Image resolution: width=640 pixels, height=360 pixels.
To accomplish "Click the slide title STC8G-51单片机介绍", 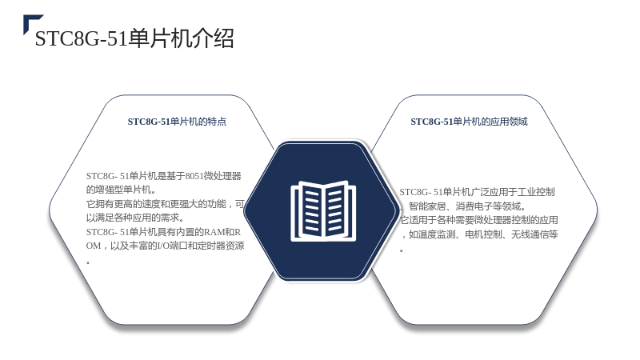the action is click(134, 38).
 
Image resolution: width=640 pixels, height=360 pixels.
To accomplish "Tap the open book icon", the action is click(323, 211).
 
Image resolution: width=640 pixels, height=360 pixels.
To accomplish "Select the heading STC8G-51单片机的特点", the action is click(177, 122).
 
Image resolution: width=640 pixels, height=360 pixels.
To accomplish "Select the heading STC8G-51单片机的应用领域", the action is click(469, 122).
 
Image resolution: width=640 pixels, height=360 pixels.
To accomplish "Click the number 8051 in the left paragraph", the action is click(194, 176).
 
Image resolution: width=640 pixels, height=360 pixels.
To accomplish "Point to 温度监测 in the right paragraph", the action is click(437, 234).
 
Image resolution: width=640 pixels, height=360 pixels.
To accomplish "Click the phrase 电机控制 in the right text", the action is click(483, 234).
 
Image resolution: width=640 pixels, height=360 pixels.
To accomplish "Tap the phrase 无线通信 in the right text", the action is click(530, 234).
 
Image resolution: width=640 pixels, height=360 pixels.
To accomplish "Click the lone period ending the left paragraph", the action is click(88, 262).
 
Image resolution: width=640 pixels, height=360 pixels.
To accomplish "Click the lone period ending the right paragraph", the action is click(402, 250).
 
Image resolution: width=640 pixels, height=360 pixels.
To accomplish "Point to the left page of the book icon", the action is click(310, 210).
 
